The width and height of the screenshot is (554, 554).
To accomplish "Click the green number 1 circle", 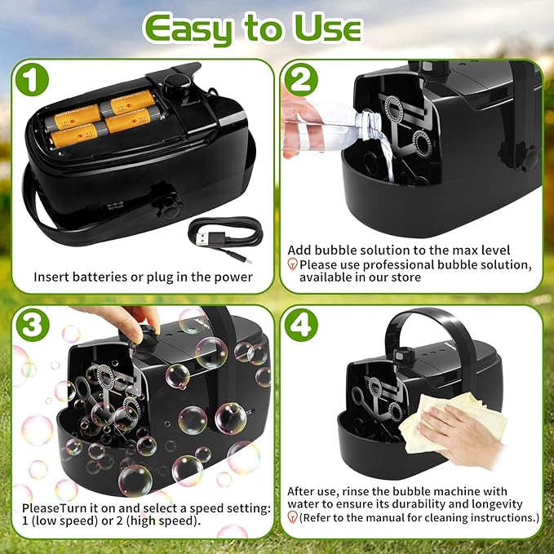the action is tap(32, 79).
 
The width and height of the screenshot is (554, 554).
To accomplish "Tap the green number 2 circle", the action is tap(301, 79).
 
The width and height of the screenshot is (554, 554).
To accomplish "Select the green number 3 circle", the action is tap(32, 325).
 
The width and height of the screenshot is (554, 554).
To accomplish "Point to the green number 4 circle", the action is tap(301, 325).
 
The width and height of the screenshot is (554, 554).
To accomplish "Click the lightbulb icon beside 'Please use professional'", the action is tap(293, 264).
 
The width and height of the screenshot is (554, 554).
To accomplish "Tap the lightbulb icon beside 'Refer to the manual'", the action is tap(293, 517).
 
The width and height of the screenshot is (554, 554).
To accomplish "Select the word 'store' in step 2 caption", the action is tap(406, 277).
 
